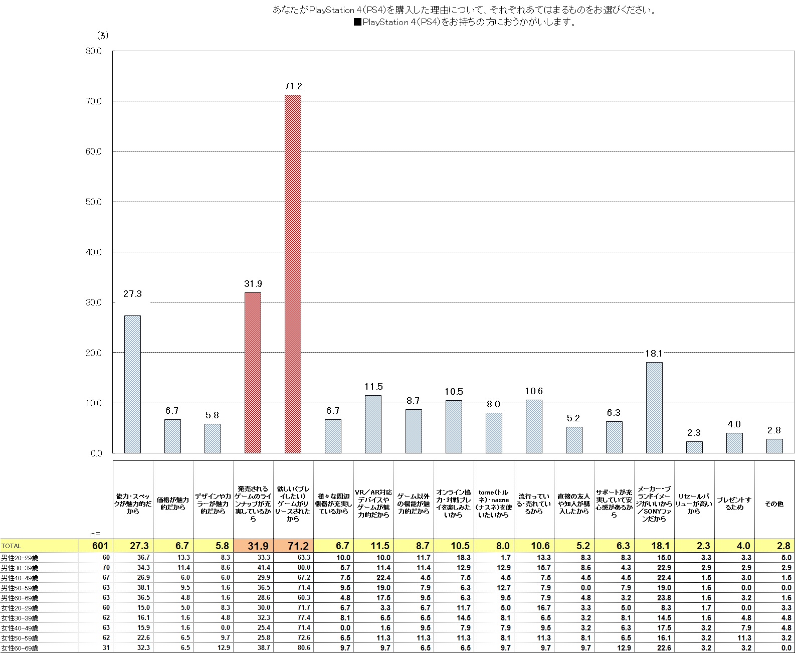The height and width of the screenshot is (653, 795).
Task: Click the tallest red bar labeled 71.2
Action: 293,274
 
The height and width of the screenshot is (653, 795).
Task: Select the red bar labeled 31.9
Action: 253,373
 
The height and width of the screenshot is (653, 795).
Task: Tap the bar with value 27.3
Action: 132,384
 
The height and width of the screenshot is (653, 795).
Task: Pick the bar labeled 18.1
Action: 654,407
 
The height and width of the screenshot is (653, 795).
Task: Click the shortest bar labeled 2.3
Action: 694,447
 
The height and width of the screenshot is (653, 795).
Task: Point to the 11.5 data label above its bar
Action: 373,387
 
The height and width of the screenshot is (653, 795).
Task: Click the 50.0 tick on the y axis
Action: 94,202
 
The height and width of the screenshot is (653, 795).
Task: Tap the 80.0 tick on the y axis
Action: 94,51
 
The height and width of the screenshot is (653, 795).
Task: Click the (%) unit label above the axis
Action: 102,35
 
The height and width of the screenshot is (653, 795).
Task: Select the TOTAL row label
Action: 11,546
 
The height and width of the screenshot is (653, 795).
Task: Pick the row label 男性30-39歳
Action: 20,568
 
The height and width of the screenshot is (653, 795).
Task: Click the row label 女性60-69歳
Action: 20,648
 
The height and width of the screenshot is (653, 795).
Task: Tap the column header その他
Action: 774,504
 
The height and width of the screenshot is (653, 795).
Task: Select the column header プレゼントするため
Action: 734,504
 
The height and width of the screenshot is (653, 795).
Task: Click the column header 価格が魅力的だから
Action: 173,504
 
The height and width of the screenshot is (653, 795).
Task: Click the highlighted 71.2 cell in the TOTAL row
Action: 293,546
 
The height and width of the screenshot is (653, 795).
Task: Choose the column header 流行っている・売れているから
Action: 534,504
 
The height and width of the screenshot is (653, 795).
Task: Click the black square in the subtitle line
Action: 357,23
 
